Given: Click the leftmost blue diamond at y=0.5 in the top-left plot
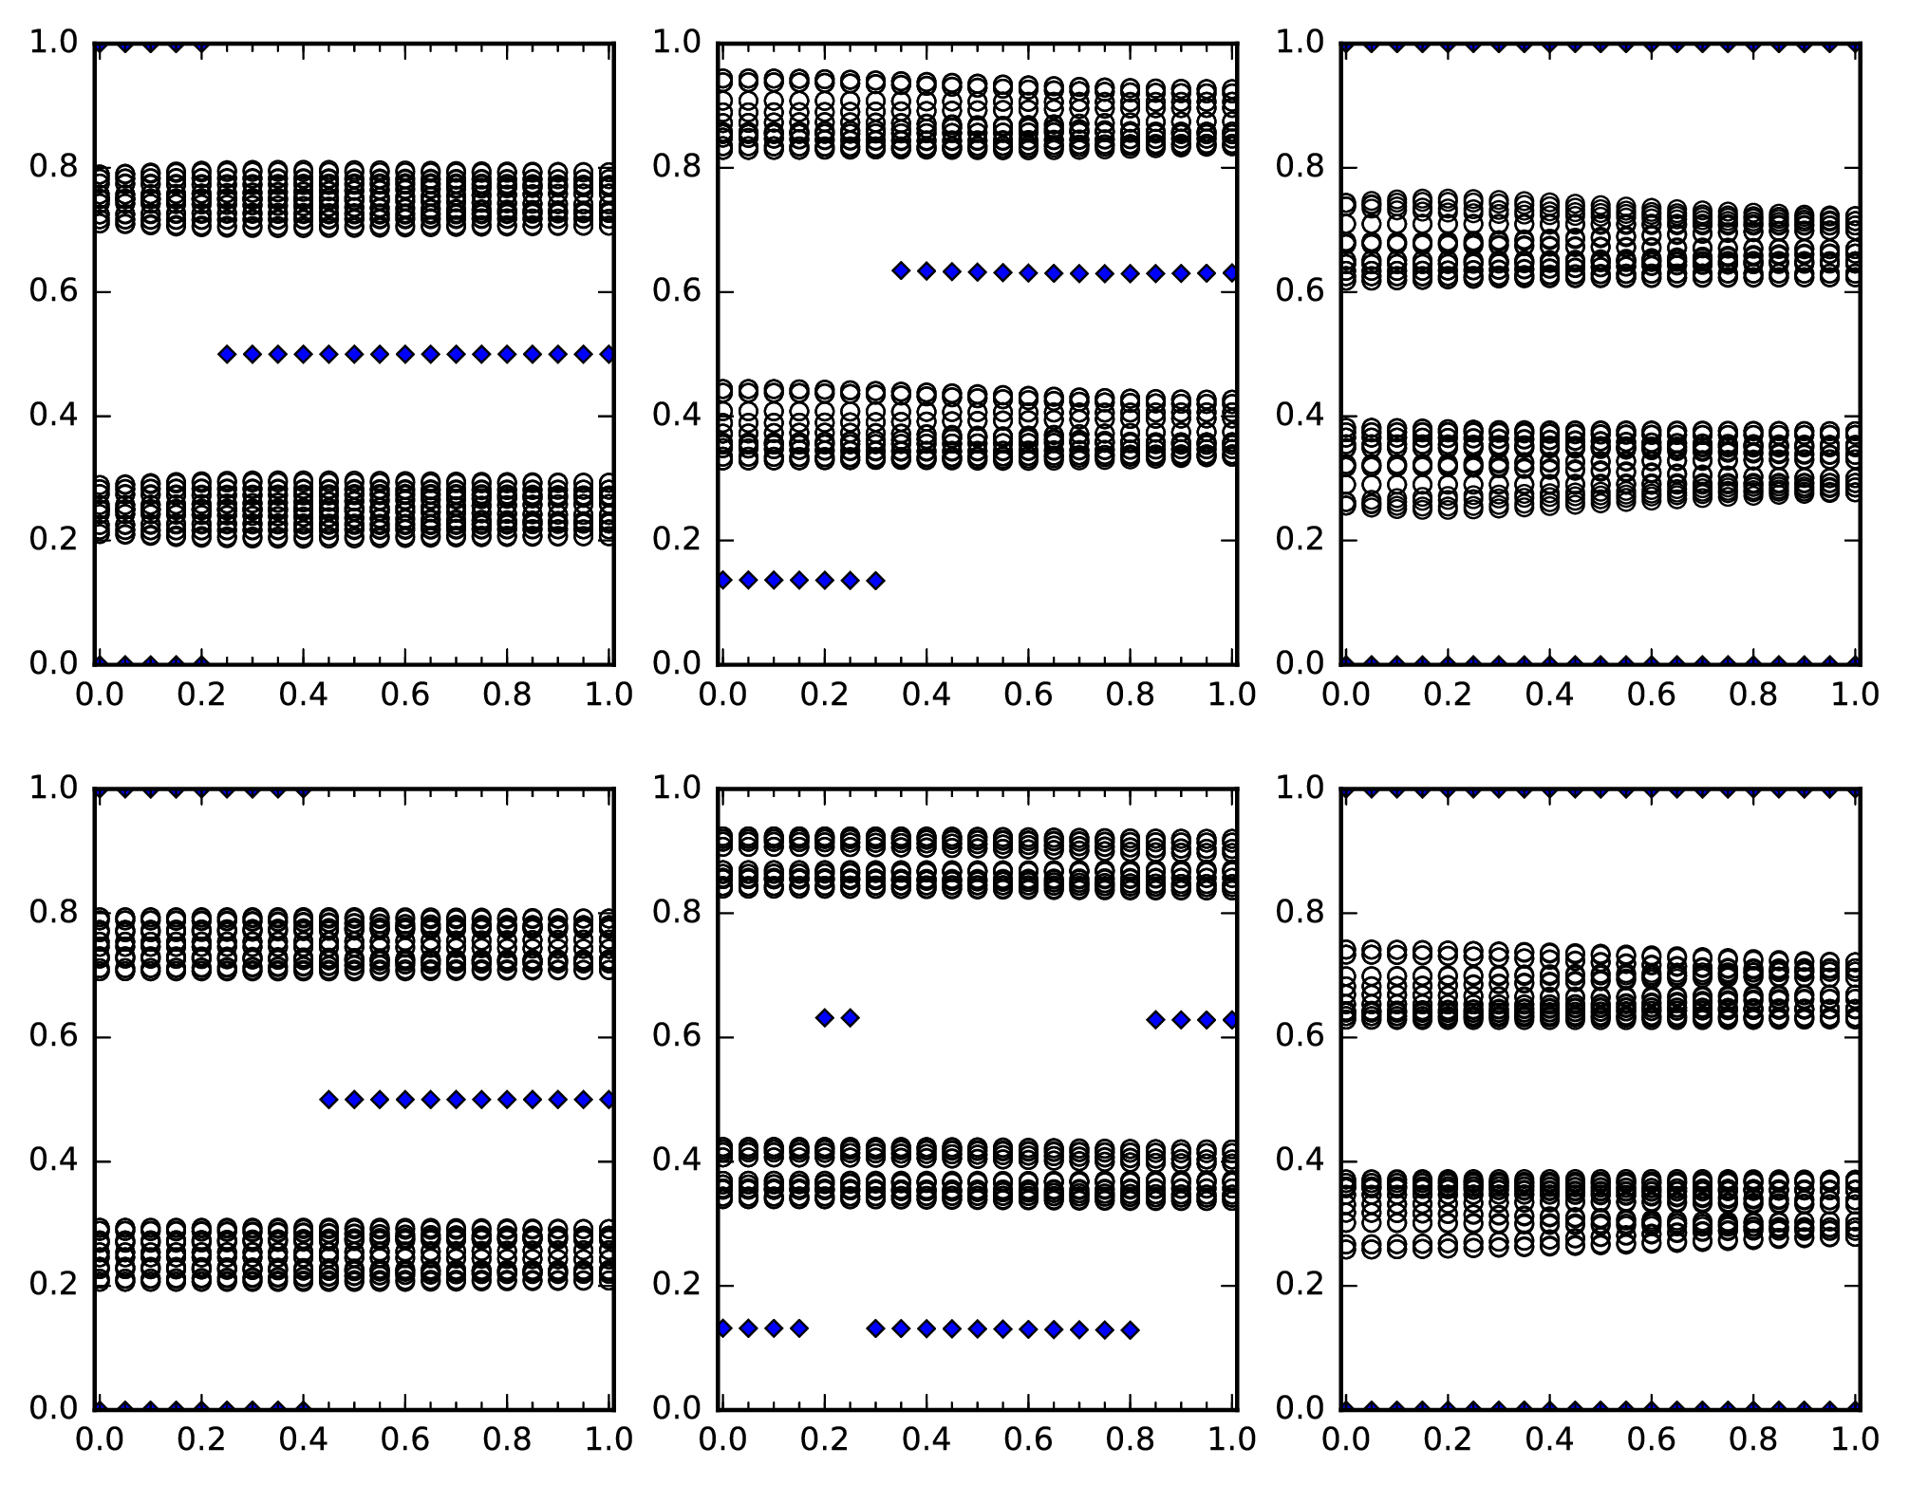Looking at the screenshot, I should point(227,354).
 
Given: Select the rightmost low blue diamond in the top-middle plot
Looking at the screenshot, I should point(876,580).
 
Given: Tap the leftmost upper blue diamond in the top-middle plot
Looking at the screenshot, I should point(901,270).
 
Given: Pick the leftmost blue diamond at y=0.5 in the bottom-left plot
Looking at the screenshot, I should point(328,1100).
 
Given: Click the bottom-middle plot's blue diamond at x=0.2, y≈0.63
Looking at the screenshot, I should point(825,1018).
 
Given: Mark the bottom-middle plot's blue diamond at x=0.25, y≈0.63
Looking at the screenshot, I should point(851,1018).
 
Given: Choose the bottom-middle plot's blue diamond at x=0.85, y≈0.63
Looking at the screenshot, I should point(1155,1020).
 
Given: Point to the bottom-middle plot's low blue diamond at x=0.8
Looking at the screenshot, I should point(1130,1330).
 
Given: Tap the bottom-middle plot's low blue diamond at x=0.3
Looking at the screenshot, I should point(876,1328).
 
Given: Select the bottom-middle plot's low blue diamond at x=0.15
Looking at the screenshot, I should point(799,1328).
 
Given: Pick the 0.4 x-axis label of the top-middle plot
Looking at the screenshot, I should point(926,695).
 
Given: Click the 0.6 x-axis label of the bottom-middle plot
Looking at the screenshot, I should point(1028,1439).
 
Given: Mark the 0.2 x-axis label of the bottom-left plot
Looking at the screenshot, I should point(201,1439).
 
